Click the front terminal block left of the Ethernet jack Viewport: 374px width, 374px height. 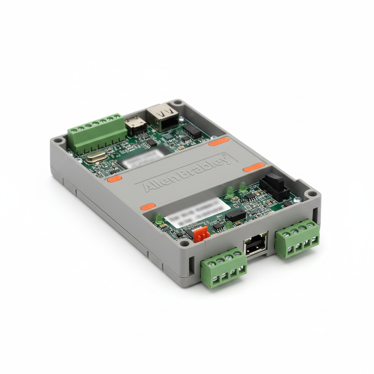click(x=224, y=267)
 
